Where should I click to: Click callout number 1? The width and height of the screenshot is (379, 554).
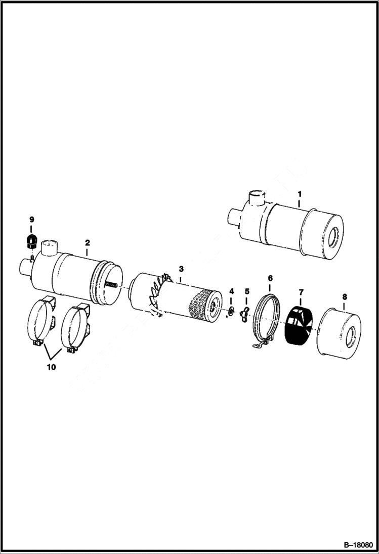click(299, 193)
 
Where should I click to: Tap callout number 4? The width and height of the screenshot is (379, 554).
click(232, 291)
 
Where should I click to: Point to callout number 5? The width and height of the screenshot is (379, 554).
click(247, 291)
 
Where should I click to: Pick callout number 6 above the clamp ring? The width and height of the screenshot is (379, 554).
click(270, 278)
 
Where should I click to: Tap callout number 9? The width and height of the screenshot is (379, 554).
click(31, 220)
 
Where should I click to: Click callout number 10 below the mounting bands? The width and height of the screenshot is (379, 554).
click(51, 367)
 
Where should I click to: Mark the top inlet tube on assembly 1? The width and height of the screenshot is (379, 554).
click(257, 197)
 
